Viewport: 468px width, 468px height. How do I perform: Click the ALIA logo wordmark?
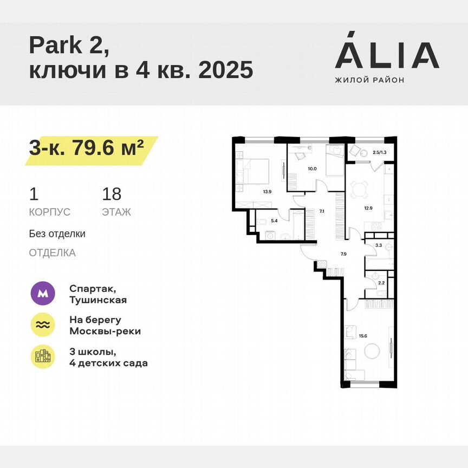tap(387, 55)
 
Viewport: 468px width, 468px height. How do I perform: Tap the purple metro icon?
tap(42, 294)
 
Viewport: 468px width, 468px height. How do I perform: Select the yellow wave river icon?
tap(42, 325)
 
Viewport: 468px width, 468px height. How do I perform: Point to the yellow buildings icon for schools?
tap(42, 356)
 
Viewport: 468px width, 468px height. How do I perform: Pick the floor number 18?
tap(112, 193)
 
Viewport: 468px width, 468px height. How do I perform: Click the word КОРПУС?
tap(49, 212)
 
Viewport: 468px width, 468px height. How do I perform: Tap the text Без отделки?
tap(57, 234)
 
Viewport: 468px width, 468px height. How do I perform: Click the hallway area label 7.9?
tap(343, 253)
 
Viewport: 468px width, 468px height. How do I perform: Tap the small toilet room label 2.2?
tap(381, 283)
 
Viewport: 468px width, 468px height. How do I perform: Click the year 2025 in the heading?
tap(226, 71)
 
